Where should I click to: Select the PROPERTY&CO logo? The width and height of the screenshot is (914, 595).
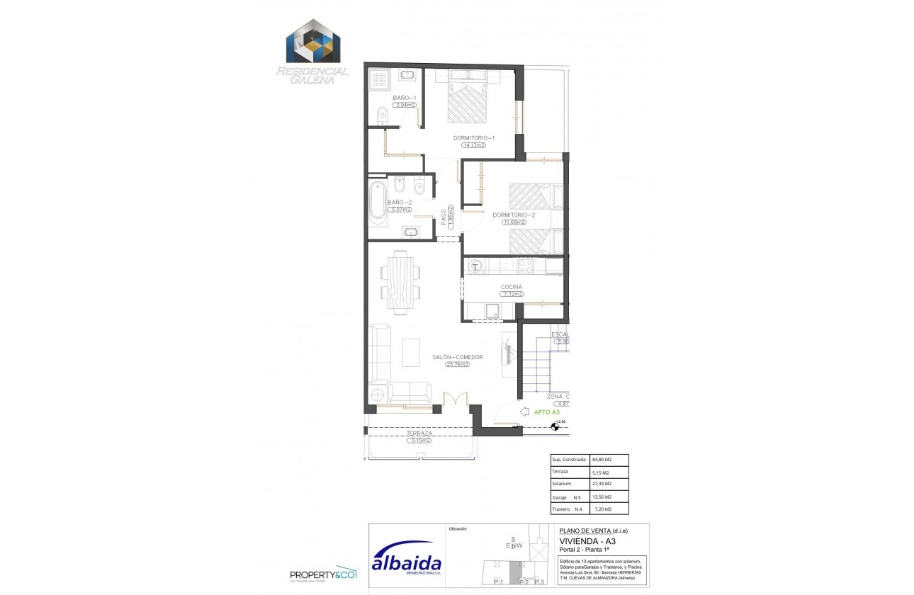pyautogui.click(x=324, y=574)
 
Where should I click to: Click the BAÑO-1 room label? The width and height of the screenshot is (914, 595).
pyautogui.click(x=404, y=97)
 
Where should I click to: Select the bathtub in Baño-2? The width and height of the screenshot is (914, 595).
pyautogui.click(x=377, y=203)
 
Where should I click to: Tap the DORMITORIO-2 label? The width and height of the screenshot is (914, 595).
pyautogui.click(x=514, y=215)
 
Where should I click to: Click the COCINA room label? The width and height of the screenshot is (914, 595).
pyautogui.click(x=511, y=287)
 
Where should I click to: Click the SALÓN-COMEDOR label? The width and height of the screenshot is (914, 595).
pyautogui.click(x=458, y=357)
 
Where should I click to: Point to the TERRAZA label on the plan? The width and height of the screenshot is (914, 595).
pyautogui.click(x=419, y=433)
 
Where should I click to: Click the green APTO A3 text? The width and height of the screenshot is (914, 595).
pyautogui.click(x=547, y=412)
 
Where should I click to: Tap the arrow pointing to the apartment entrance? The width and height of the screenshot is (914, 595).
pyautogui.click(x=524, y=411)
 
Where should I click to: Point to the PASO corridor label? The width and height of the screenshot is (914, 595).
pyautogui.click(x=444, y=216)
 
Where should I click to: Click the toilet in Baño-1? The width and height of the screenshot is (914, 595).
pyautogui.click(x=382, y=113)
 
